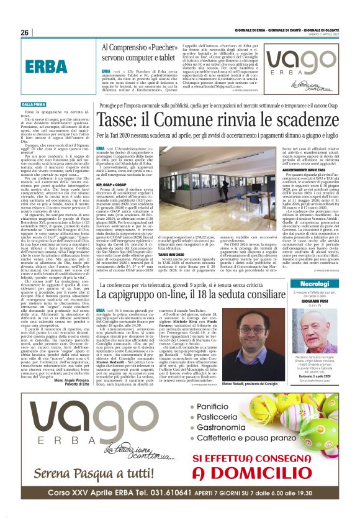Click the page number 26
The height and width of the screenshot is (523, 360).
24,32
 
